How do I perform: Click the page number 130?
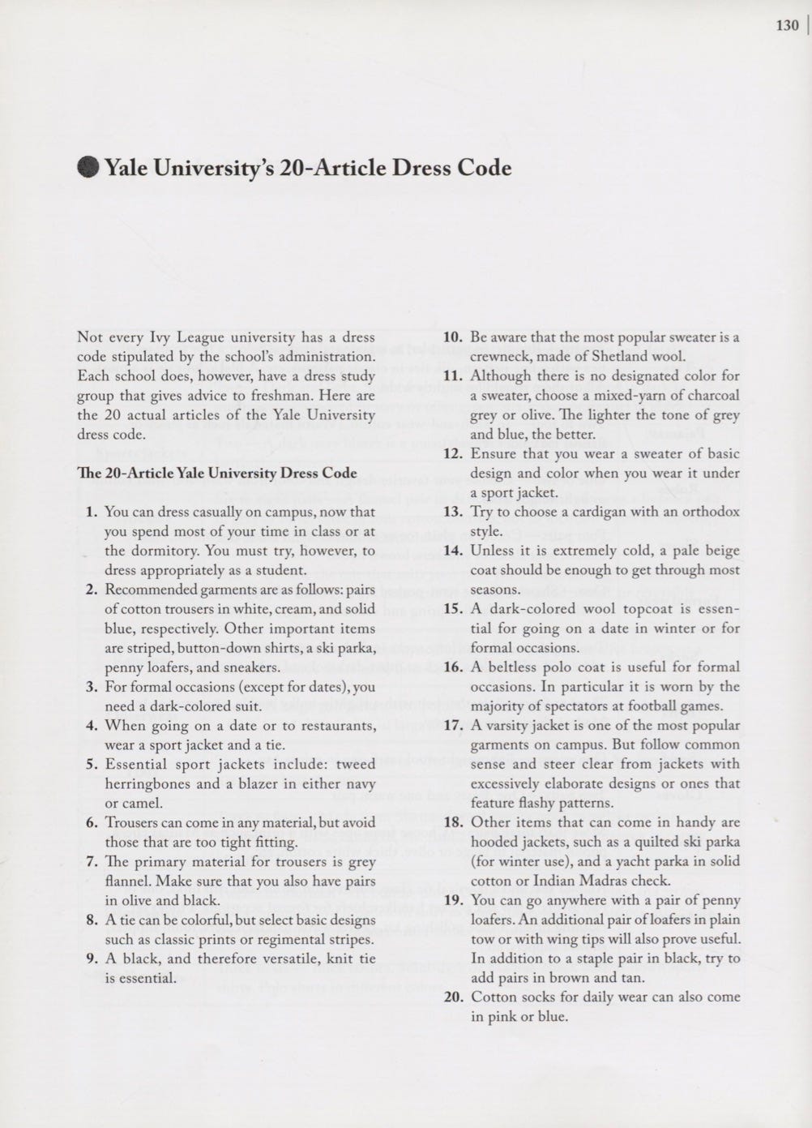787,25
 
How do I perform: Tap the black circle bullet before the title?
88,168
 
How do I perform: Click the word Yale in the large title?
127,168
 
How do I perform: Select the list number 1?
92,512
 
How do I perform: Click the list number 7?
92,861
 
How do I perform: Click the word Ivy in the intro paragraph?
159,337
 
